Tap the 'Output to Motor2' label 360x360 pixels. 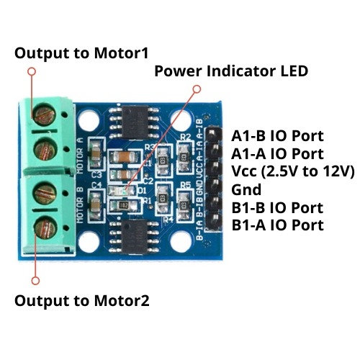[x=82, y=300]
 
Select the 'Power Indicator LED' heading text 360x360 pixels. [x=231, y=71]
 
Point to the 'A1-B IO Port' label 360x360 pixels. [x=277, y=136]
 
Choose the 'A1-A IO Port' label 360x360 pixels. [x=277, y=154]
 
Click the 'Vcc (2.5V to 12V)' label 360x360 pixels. [x=293, y=172]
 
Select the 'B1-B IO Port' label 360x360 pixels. [x=277, y=208]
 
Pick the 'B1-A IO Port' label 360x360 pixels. [x=277, y=226]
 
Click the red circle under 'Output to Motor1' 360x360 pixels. [x=31, y=71]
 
